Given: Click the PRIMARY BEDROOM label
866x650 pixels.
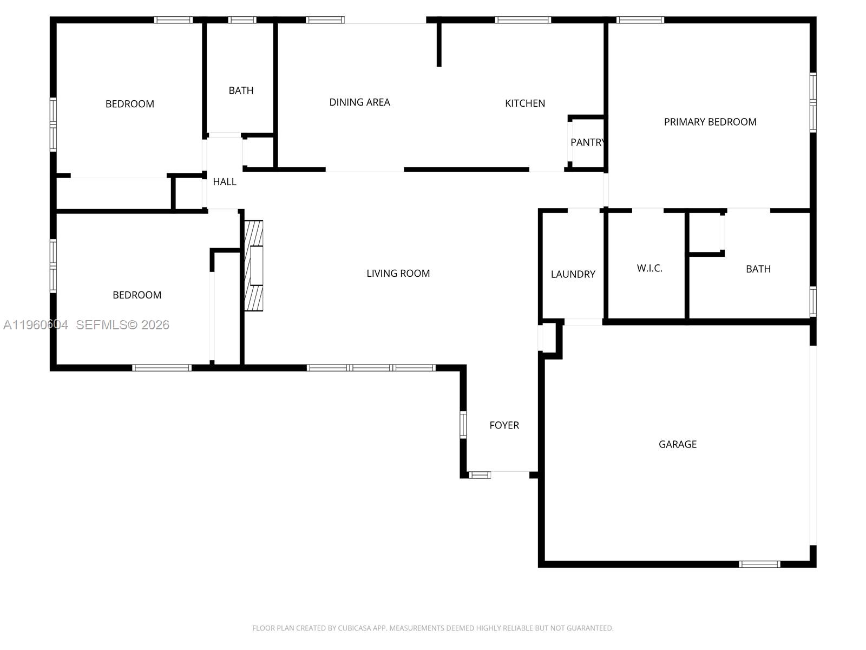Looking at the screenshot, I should coord(710,122).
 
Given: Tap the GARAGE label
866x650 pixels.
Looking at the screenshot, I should coord(678,444).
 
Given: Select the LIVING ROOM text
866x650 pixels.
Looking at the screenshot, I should coord(398,274).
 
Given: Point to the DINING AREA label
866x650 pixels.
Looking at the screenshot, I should coord(359,102).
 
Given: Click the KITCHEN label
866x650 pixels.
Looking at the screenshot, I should coord(524,103).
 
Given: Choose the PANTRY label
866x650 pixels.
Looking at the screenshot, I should coord(587,142).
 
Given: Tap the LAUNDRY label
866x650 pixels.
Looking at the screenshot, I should coord(573,274).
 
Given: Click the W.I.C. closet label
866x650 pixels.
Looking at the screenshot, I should coord(649,268).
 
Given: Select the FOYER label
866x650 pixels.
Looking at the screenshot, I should coord(504,425).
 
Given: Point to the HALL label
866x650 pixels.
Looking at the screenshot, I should coord(224,182).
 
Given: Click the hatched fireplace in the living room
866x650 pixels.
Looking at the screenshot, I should coord(254,265).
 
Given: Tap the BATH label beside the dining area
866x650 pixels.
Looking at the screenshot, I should coord(241,90).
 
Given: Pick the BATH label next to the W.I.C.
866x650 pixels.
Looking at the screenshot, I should coord(758,269).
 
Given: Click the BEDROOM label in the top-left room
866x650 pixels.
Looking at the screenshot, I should coord(129,104).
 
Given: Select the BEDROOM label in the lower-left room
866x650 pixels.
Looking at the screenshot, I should coord(136,295).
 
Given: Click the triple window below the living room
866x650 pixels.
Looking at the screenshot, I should coord(371,368).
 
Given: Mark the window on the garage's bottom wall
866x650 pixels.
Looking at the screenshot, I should coord(759,564).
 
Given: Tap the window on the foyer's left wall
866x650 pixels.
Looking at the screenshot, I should coord(463,425).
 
